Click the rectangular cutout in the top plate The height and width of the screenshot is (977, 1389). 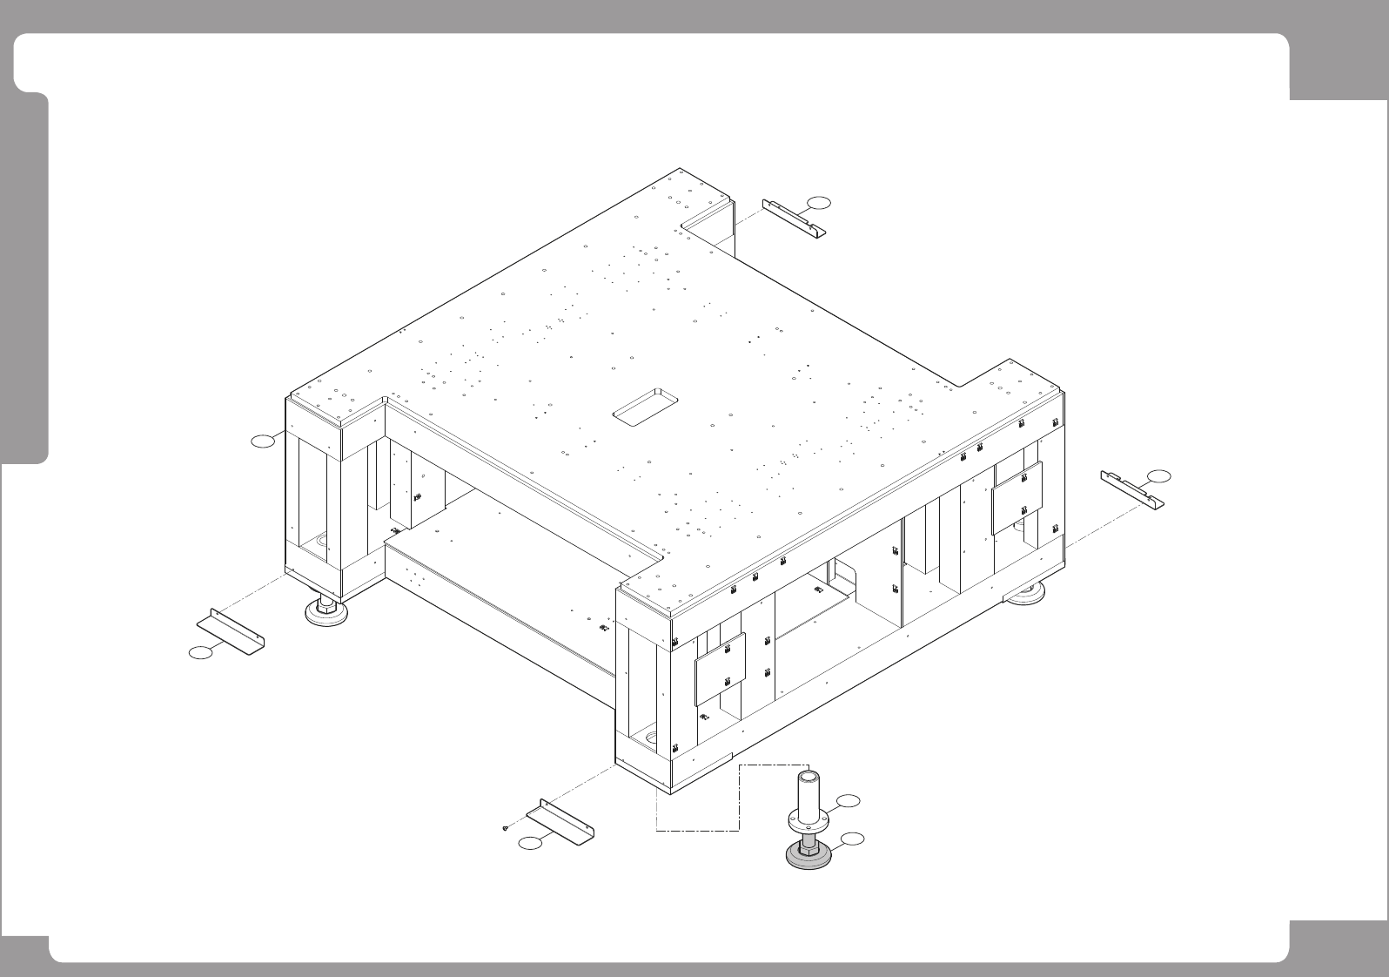[646, 407]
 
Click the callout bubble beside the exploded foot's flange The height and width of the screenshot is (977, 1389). [849, 800]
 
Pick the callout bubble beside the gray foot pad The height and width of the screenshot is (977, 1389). [854, 839]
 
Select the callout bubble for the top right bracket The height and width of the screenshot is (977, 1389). [818, 203]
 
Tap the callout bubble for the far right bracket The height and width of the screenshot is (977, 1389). [1159, 475]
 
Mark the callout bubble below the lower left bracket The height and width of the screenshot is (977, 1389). [201, 652]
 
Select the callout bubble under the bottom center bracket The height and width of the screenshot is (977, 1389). [529, 843]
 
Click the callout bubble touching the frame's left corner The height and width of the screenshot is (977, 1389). [263, 442]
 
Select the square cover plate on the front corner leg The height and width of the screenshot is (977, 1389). [720, 668]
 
